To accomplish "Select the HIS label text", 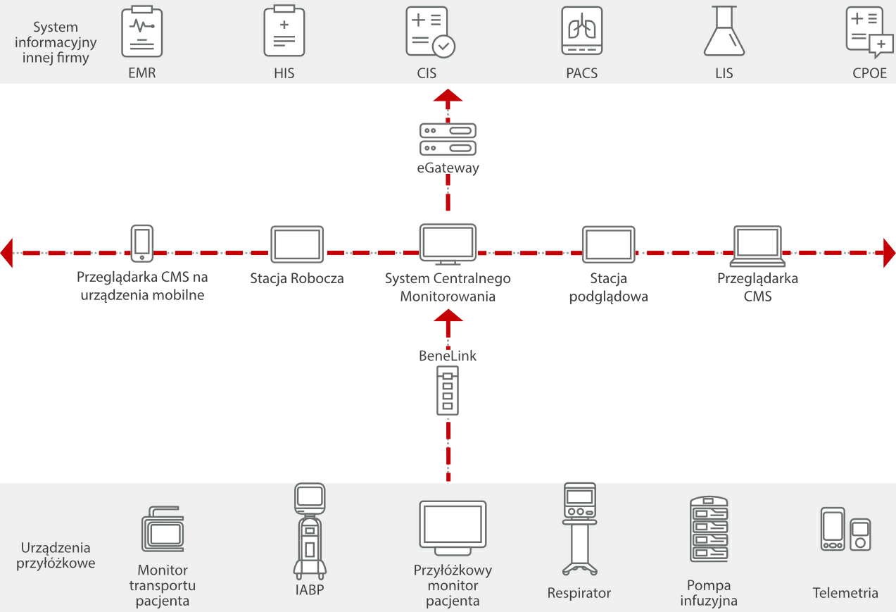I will [284, 73].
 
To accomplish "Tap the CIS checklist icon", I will [430, 32].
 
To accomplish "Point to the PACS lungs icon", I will [581, 32].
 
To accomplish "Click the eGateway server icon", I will [448, 139].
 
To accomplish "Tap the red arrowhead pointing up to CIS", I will [448, 96].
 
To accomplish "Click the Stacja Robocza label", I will [297, 278].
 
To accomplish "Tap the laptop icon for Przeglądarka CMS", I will [757, 246].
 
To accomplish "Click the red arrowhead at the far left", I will [7, 252].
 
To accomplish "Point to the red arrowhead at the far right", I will [889, 252].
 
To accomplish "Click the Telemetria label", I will [845, 593].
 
